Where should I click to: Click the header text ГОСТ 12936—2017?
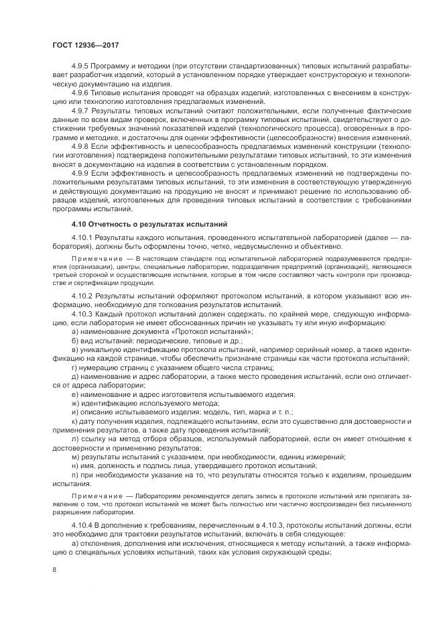[x=81, y=45]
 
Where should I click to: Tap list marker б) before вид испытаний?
[x=74, y=341]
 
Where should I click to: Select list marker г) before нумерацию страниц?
[x=74, y=366]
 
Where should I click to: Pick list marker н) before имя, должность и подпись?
[x=74, y=465]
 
